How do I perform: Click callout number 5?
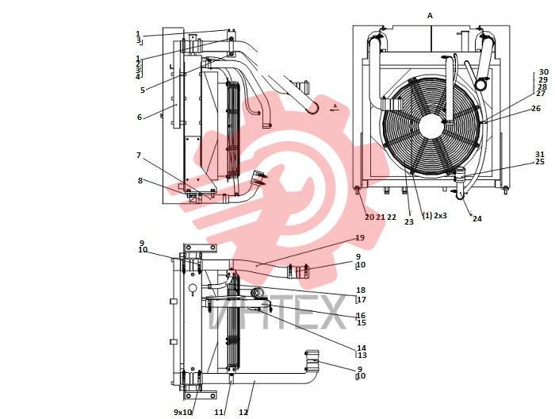142,90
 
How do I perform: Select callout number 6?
140,117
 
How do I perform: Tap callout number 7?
139,156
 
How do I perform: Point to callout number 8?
140,181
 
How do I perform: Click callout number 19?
360,237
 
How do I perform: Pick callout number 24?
477,219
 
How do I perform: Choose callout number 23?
409,222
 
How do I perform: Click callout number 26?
536,109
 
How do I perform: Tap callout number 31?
540,155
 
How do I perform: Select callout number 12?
243,413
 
